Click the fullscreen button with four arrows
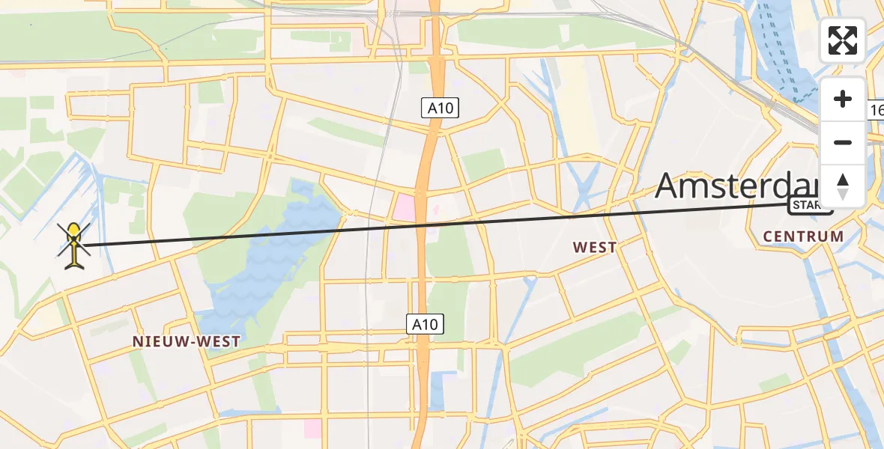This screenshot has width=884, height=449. coord(843,40)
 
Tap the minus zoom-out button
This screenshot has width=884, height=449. coord(843,142)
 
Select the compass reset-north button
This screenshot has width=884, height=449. coord(843,186)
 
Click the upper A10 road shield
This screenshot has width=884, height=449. coord(439,109)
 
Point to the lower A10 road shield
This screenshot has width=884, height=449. coord(426,324)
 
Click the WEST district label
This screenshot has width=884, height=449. coord(594,247)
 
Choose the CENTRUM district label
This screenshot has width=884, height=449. coord(803,236)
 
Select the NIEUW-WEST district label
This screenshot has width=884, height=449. coord(187,341)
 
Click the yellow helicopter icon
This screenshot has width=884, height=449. coord(74,244)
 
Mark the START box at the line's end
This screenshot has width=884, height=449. coord(809,205)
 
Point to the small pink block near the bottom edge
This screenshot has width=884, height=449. coord(312,429)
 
